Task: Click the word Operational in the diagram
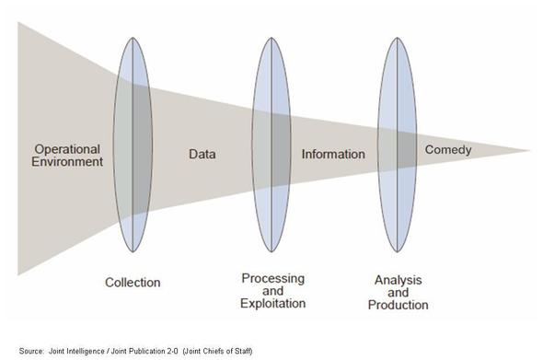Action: pyautogui.click(x=67, y=149)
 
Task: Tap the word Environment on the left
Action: pyautogui.click(x=67, y=161)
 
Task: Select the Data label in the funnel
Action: pyautogui.click(x=202, y=154)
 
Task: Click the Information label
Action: pyautogui.click(x=333, y=154)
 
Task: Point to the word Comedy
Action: pyautogui.click(x=448, y=150)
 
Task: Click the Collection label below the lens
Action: pyautogui.click(x=133, y=283)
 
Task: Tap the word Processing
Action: pyautogui.click(x=273, y=279)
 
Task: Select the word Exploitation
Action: pyautogui.click(x=273, y=304)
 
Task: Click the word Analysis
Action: pyautogui.click(x=398, y=280)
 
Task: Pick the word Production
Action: pyautogui.click(x=398, y=305)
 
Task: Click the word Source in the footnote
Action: pyautogui.click(x=31, y=351)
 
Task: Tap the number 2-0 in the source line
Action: pyautogui.click(x=172, y=351)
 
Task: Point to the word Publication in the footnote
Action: pyautogui.click(x=146, y=351)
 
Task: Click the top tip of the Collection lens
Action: pyautogui.click(x=133, y=38)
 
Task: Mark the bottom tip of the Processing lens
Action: pyautogui.click(x=271, y=252)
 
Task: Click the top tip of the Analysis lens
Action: pyautogui.click(x=398, y=38)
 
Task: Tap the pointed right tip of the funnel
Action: pyautogui.click(x=530, y=150)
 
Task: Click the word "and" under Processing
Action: pyautogui.click(x=273, y=291)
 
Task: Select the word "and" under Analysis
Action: pyautogui.click(x=398, y=293)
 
